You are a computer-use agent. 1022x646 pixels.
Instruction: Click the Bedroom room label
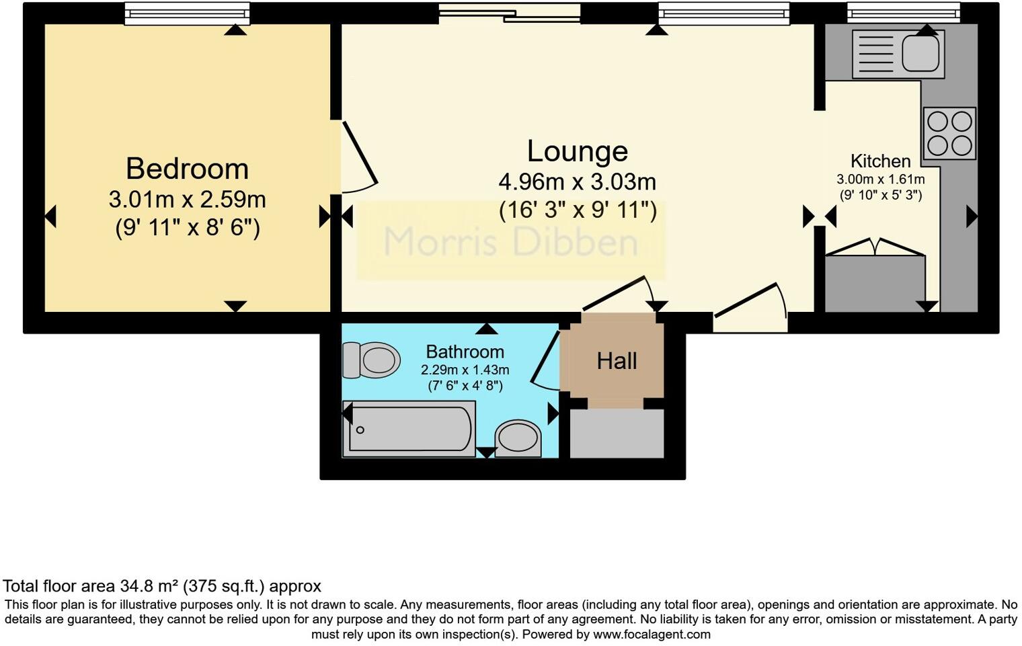click(x=187, y=169)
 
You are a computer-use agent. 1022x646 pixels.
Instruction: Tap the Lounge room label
click(x=577, y=151)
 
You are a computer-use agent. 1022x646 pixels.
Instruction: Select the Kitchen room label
click(x=880, y=161)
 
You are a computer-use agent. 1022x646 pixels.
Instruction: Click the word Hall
click(x=617, y=362)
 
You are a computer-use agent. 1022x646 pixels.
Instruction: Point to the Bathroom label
click(x=465, y=352)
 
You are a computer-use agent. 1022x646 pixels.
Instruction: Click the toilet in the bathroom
click(x=370, y=360)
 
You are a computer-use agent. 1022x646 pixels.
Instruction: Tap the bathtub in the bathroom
click(x=409, y=429)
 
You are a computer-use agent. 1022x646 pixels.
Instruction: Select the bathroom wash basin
click(x=518, y=438)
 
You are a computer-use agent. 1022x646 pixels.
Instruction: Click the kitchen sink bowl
click(x=920, y=52)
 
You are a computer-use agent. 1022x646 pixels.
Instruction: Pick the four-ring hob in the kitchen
click(x=949, y=133)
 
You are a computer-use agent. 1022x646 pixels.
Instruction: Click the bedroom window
click(x=187, y=13)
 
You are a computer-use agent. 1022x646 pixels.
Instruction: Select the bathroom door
click(x=545, y=360)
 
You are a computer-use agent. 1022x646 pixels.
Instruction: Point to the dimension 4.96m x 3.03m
click(x=577, y=182)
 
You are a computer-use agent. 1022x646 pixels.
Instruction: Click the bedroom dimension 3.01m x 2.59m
click(x=187, y=200)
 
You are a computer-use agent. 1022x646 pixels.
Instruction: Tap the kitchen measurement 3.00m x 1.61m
click(x=880, y=179)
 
